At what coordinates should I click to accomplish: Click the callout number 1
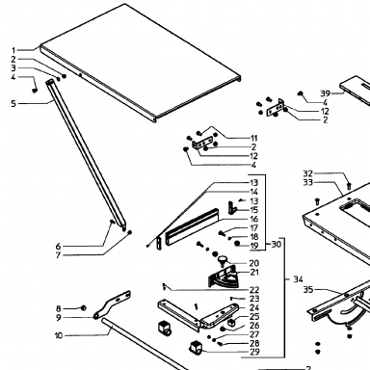(13, 50)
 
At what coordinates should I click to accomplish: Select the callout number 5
(13, 104)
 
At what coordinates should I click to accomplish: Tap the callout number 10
(59, 335)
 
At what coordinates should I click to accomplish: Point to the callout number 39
(325, 93)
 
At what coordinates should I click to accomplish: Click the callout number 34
(298, 279)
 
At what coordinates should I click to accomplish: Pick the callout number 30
(277, 244)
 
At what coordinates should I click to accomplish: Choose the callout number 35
(308, 290)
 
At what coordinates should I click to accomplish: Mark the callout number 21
(254, 272)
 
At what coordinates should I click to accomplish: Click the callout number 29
(254, 352)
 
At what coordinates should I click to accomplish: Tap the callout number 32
(307, 173)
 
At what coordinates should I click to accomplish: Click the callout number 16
(254, 219)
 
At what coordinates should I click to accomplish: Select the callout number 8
(58, 308)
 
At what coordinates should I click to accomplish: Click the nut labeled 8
(83, 308)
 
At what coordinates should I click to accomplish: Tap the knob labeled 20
(222, 260)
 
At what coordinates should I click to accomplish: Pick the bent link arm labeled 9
(113, 304)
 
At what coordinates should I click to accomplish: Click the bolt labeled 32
(349, 185)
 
